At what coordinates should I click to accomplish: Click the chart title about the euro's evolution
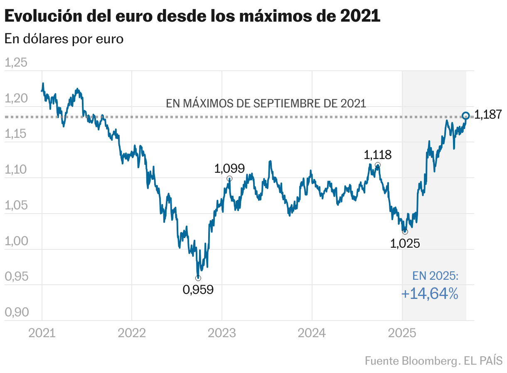click(x=192, y=17)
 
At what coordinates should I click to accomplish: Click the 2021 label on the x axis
click(x=42, y=333)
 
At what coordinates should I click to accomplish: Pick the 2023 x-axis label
click(x=222, y=333)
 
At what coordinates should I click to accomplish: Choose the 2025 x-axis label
click(x=402, y=333)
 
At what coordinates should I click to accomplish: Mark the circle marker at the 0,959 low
click(x=198, y=278)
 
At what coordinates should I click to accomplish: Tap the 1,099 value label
click(x=229, y=169)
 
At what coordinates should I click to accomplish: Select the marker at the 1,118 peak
click(x=377, y=165)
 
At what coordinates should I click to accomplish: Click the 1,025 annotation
click(x=405, y=244)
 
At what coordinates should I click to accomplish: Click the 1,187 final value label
click(x=488, y=115)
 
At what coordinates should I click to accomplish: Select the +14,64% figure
click(x=430, y=294)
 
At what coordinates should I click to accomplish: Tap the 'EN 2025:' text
click(x=435, y=276)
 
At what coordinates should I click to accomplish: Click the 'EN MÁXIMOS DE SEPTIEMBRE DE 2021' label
click(x=266, y=103)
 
